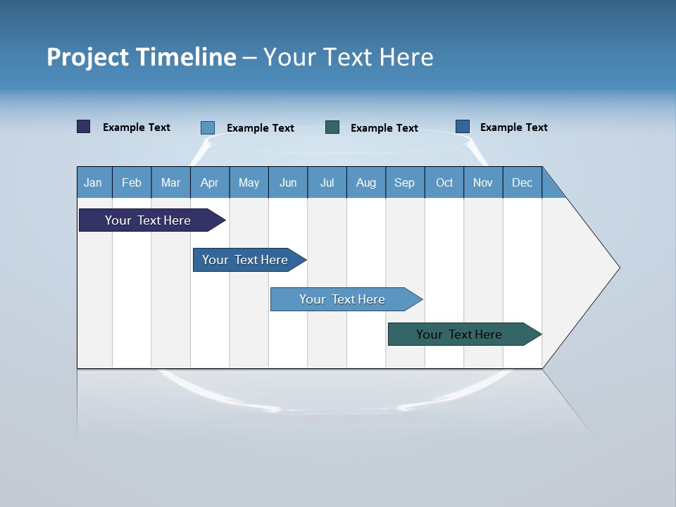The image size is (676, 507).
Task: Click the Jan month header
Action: [94, 182]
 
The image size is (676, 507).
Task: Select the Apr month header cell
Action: [210, 182]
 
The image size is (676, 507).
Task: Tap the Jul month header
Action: [327, 182]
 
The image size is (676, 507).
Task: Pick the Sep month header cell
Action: [405, 182]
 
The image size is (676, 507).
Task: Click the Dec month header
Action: [522, 182]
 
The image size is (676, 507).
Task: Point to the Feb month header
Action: [132, 182]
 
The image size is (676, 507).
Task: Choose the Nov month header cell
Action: [483, 182]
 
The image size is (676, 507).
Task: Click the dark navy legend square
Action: [84, 127]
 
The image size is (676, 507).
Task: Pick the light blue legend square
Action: [208, 127]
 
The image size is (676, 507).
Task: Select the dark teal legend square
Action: [332, 127]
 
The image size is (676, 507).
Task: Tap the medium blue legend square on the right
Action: [463, 127]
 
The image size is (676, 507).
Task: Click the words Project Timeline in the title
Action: [142, 57]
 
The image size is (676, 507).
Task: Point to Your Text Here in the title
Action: [349, 57]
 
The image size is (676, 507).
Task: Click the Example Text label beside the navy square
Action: [137, 127]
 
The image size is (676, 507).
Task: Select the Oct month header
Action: [444, 182]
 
